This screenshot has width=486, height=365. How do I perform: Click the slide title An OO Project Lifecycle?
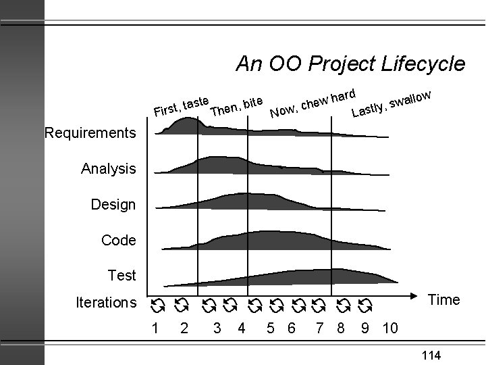pyautogui.click(x=350, y=64)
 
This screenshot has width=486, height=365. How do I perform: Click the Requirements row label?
pyautogui.click(x=90, y=132)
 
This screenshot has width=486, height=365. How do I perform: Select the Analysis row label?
pyautogui.click(x=109, y=168)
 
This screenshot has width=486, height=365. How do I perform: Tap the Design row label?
pyautogui.click(x=113, y=204)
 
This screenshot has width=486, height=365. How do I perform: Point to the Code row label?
pyautogui.click(x=118, y=240)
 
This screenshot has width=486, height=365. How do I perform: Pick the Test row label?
pyautogui.click(x=122, y=275)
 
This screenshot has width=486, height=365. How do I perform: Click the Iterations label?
pyautogui.click(x=105, y=303)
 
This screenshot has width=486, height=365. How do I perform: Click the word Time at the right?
pyautogui.click(x=444, y=299)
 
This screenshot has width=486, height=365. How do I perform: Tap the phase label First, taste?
pyautogui.click(x=180, y=105)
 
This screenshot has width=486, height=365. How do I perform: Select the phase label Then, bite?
pyautogui.click(x=236, y=106)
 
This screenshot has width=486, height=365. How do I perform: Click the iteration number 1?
pyautogui.click(x=156, y=328)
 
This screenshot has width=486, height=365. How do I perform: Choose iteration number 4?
pyautogui.click(x=241, y=328)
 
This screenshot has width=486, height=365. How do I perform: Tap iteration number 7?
pyautogui.click(x=319, y=328)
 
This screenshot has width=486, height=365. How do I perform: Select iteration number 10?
pyautogui.click(x=389, y=328)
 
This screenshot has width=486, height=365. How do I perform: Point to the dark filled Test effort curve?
pyautogui.click(x=283, y=278)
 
